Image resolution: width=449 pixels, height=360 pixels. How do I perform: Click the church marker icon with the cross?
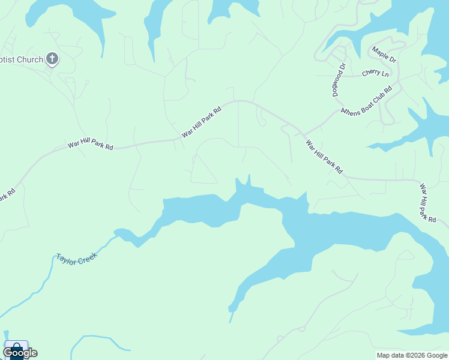point(52,59)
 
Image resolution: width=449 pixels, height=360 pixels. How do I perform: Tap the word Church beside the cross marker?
point(31,60)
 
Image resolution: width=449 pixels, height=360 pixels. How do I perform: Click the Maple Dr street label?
point(384,55)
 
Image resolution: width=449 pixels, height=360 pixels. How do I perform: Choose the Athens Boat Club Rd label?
point(366,101)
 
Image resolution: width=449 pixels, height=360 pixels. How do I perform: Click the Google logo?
point(20,353)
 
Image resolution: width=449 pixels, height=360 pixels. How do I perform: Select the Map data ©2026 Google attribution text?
point(412,355)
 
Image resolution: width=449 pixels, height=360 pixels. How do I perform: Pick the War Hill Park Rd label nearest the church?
point(90,145)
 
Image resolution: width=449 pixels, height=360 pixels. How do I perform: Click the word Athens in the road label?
point(351,109)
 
